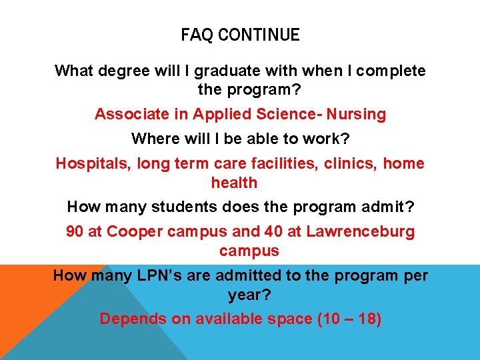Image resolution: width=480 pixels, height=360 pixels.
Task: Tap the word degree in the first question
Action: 120,71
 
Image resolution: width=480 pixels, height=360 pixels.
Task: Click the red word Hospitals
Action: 93,163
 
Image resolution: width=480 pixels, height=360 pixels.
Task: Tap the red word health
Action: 234,182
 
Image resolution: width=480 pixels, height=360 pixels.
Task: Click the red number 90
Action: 75,232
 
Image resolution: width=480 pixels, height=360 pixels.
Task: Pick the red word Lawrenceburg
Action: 353,232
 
